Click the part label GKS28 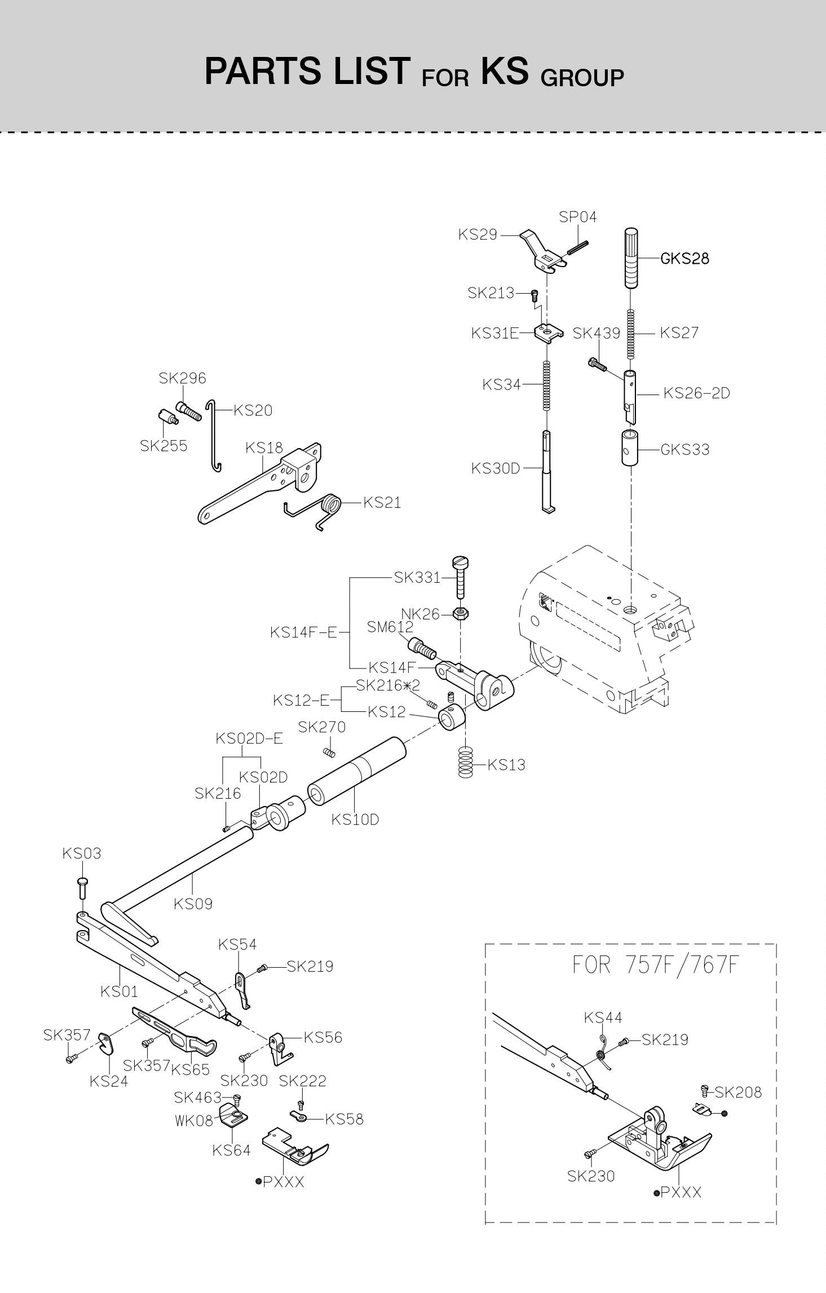pos(684,259)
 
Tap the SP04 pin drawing pos(578,247)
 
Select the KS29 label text pos(478,234)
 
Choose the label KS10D pos(355,820)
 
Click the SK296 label pos(182,378)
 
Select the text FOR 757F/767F pos(655,965)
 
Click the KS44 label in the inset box pos(603,1017)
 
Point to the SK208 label pos(738,1092)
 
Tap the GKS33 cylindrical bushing pos(631,448)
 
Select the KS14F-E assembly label pos(303,632)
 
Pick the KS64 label pos(231,1150)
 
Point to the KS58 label pos(344,1119)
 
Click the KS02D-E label pos(249,738)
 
